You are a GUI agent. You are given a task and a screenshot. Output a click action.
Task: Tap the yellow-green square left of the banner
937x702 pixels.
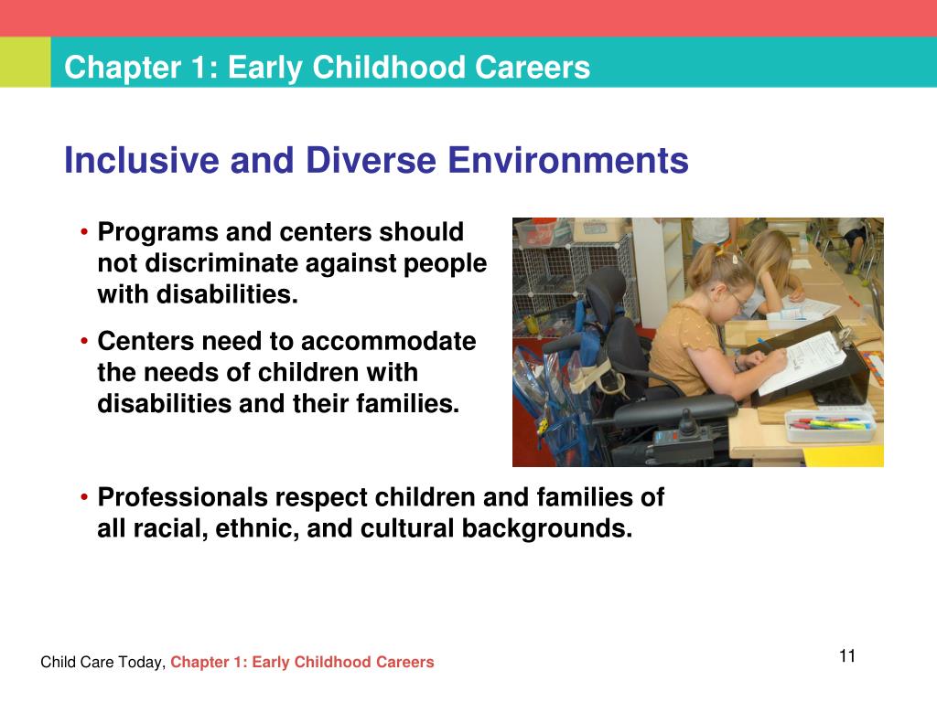(25, 63)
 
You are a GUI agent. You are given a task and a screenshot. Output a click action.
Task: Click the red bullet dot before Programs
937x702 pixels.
(84, 233)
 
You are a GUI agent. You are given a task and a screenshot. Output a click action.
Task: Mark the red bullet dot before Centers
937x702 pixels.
(84, 343)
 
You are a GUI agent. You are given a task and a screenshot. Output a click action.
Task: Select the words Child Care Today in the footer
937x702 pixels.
(102, 663)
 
